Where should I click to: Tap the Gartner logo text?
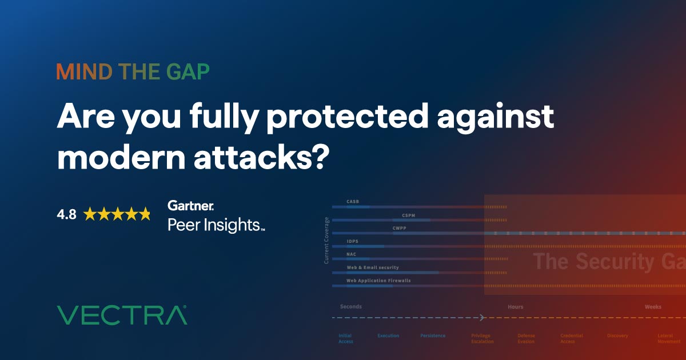pos(191,205)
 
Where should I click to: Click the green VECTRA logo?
pos(122,315)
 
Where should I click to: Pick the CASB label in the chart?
pos(353,202)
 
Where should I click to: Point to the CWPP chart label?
pos(400,228)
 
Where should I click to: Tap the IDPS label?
pos(353,242)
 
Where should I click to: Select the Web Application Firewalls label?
pos(378,281)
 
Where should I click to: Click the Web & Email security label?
pos(372,267)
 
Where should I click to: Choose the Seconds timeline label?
pos(350,307)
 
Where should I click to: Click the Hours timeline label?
pos(515,307)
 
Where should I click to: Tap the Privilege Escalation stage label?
pos(481,338)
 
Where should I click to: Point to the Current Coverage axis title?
pos(326,240)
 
